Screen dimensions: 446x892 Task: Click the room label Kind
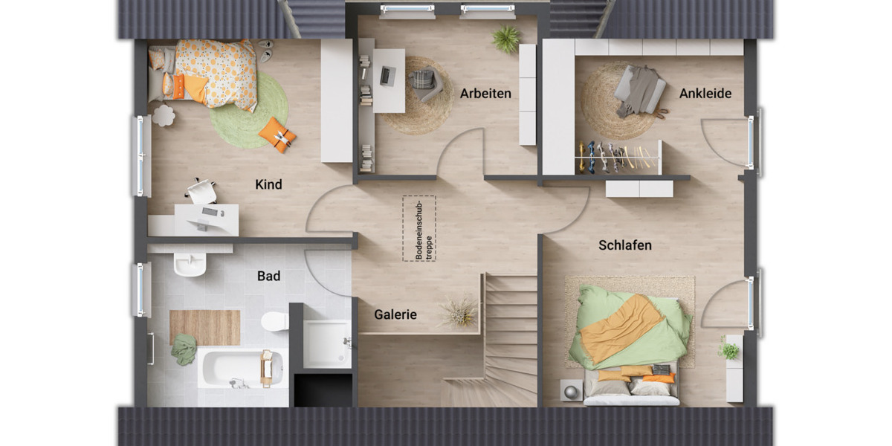(268, 184)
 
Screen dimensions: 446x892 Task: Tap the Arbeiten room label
(485, 94)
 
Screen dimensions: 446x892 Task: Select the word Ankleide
(705, 94)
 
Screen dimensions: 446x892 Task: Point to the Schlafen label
(624, 245)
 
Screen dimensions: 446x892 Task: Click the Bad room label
(268, 277)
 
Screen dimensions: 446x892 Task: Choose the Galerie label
(395, 314)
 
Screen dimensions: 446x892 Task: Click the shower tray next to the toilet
(326, 343)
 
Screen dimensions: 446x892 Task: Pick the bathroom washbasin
(190, 263)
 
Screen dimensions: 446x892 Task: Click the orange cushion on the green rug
(277, 135)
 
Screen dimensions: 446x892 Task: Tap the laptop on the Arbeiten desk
(387, 75)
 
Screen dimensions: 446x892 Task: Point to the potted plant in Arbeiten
(506, 39)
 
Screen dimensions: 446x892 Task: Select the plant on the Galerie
(459, 311)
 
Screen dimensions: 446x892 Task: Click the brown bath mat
(204, 327)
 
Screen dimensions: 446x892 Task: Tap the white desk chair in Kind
(201, 192)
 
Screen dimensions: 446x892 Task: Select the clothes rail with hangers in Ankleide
(617, 157)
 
